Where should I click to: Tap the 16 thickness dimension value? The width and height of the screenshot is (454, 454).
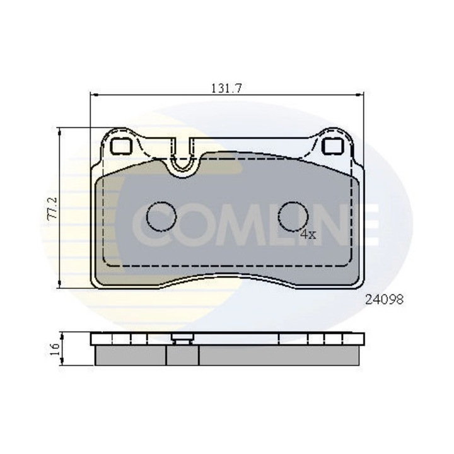[x=54, y=347]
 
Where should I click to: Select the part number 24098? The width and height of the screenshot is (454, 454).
[x=383, y=301]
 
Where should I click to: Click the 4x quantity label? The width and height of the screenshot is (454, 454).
[x=307, y=234]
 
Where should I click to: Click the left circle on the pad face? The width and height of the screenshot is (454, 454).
[x=162, y=217]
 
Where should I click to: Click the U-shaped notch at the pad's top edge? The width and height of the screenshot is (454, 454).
[x=183, y=161]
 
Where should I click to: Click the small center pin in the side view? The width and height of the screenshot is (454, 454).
[x=182, y=340]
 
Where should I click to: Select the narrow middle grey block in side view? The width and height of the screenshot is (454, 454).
[x=182, y=356]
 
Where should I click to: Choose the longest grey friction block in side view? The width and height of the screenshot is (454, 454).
[x=281, y=356]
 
